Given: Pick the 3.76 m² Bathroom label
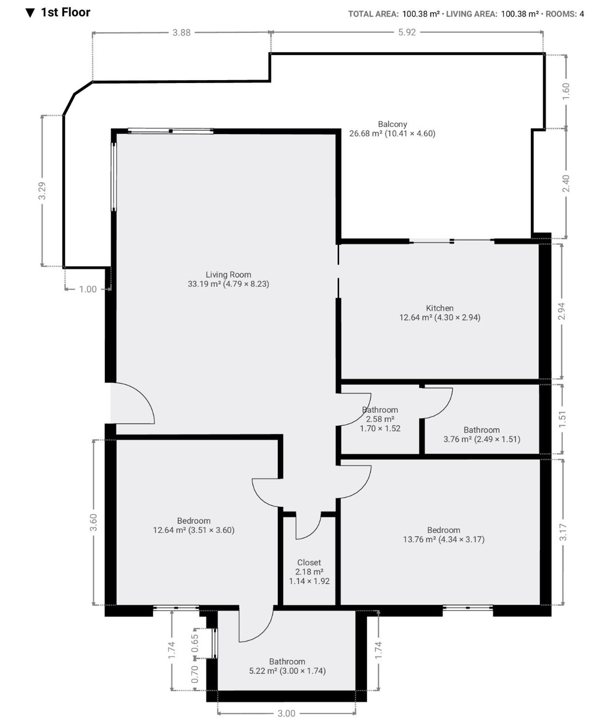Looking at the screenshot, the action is pyautogui.click(x=482, y=435).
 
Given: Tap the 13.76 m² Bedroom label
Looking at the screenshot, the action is pyautogui.click(x=444, y=535).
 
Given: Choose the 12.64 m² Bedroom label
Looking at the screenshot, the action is pyautogui.click(x=193, y=525).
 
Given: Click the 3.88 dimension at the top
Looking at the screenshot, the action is pyautogui.click(x=182, y=33).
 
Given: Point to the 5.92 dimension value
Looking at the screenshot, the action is pyautogui.click(x=407, y=32).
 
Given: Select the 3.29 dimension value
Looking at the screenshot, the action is pyautogui.click(x=42, y=191).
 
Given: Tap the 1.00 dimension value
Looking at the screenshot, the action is pyautogui.click(x=88, y=289).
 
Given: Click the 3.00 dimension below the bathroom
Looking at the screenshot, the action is pyautogui.click(x=286, y=714).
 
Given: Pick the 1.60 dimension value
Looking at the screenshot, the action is pyautogui.click(x=566, y=91).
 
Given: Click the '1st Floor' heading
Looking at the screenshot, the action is pyautogui.click(x=66, y=12).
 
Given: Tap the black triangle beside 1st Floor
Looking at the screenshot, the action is pyautogui.click(x=30, y=13).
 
